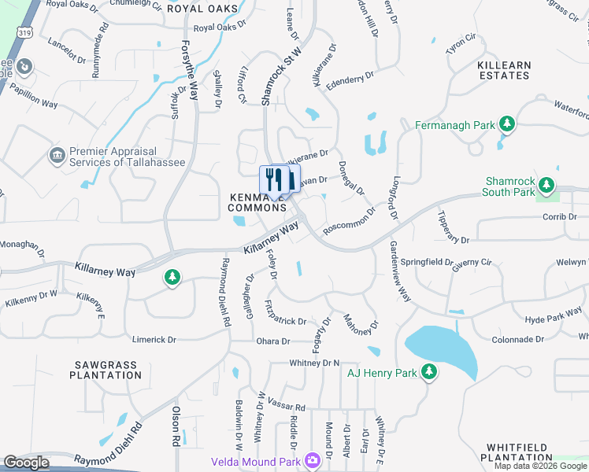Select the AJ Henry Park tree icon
pos(429,372)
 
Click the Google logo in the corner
pos(27,463)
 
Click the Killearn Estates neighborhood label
pos(503,70)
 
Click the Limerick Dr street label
pos(154,339)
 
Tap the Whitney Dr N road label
pos(314,363)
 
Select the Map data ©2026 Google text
pos(540,466)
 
